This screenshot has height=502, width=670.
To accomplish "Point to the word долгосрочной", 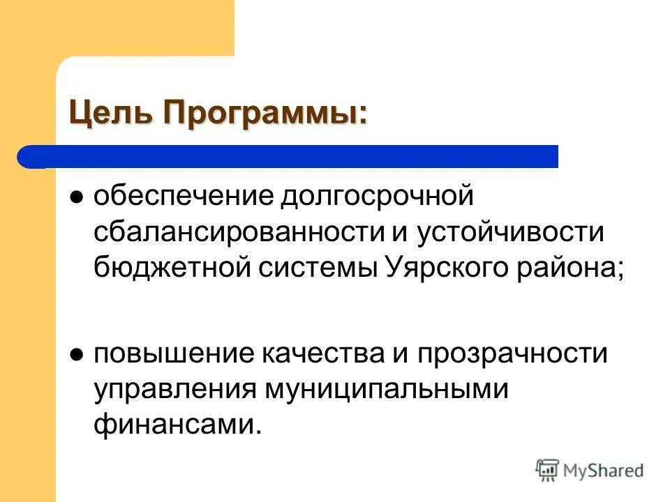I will coord(377,197).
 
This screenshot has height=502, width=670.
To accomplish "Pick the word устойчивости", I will coord(509,231).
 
